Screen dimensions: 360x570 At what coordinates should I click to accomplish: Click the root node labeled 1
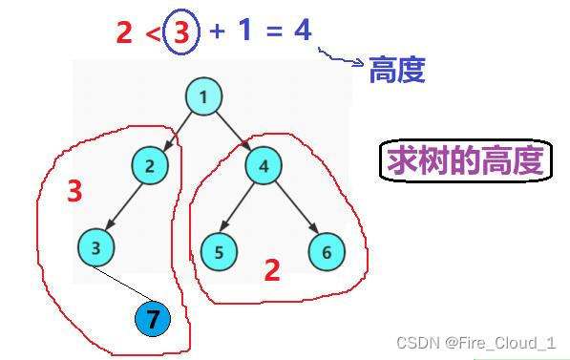(x=203, y=96)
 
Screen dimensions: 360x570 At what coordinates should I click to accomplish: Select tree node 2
(x=149, y=166)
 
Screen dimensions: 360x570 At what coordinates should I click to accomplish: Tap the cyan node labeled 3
(x=95, y=247)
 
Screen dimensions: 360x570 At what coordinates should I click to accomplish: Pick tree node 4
(x=264, y=166)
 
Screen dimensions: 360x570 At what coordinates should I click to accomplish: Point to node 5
(x=219, y=252)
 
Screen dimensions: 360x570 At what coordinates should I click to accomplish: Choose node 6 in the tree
(x=327, y=252)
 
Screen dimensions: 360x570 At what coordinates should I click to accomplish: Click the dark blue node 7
(x=152, y=319)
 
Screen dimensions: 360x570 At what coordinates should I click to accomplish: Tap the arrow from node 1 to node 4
(x=232, y=130)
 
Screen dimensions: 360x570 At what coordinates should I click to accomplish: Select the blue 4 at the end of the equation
(x=302, y=31)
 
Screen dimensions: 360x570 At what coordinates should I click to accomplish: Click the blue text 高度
(x=396, y=69)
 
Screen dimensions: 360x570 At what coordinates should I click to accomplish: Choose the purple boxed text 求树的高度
(x=464, y=161)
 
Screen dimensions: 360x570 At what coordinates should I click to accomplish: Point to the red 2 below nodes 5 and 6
(x=272, y=271)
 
